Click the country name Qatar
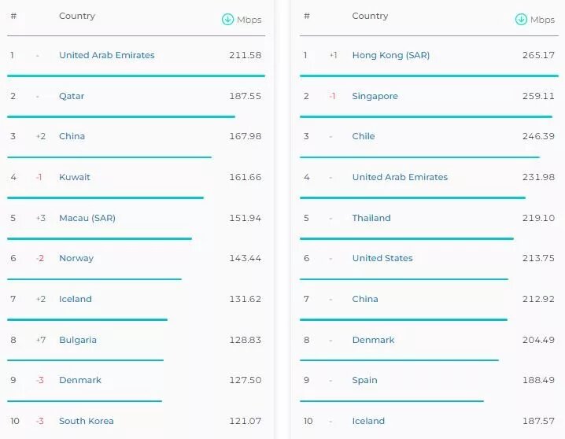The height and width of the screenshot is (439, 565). point(72,96)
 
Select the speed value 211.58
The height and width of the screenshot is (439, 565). point(245,55)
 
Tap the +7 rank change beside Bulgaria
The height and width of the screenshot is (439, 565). point(40,340)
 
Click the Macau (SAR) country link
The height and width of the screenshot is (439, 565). point(87,218)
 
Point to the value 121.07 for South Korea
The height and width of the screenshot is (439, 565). point(245,421)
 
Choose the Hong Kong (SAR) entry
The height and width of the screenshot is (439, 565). point(391,55)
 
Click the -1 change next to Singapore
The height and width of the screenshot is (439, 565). point(333,96)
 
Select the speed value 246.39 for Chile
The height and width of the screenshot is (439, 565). point(538,136)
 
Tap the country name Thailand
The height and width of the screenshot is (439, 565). point(371,218)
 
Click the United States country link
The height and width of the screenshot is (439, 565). point(382,258)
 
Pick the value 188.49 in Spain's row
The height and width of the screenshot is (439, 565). point(538,380)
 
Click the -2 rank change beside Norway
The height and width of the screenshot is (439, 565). point(39,258)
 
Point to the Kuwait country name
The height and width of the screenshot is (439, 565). point(75,177)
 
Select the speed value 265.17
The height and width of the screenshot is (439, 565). point(538,55)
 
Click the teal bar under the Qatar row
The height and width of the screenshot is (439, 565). point(121,116)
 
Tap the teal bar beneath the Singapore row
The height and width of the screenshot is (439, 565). point(426,116)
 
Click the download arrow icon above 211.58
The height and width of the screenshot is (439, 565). point(227,20)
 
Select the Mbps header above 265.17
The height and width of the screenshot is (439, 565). point(542,20)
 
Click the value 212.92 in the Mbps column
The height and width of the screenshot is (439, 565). point(538,299)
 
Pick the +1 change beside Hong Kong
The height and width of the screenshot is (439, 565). point(334,55)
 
